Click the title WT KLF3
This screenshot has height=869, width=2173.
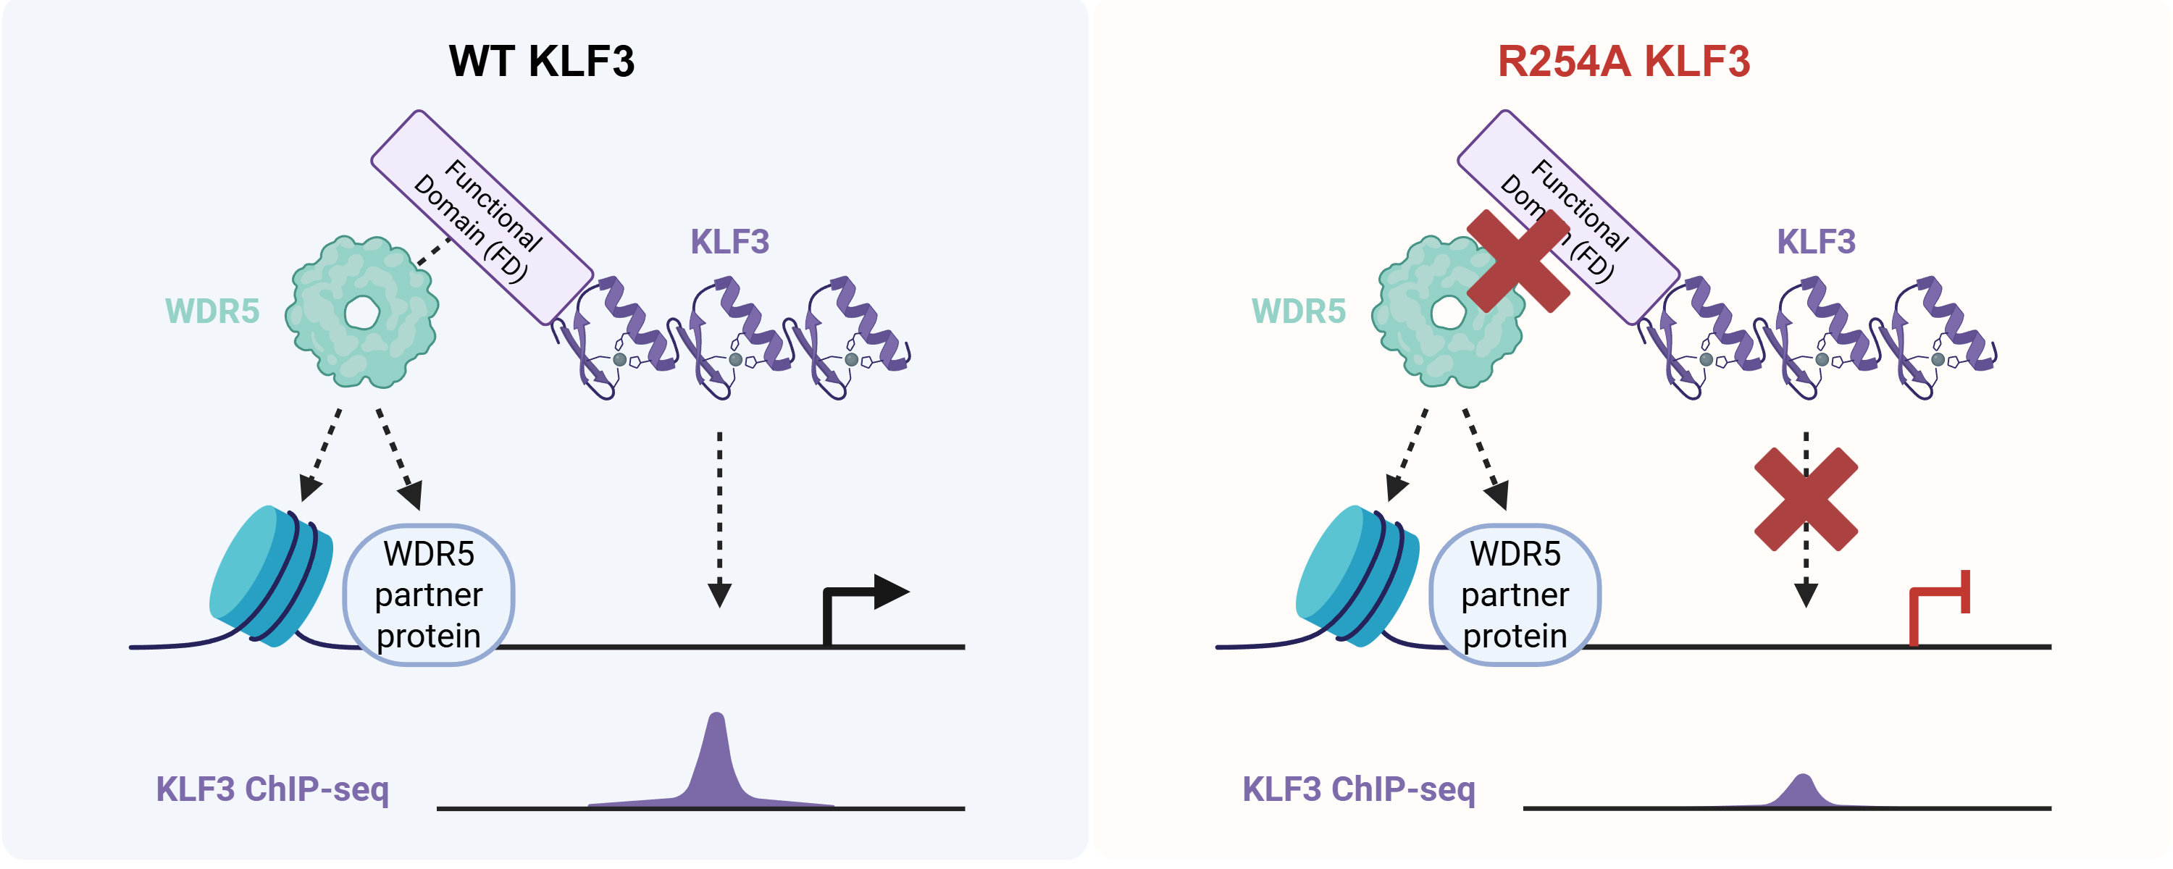click(541, 62)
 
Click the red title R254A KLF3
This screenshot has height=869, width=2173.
click(1623, 62)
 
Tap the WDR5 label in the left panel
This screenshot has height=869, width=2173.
click(212, 311)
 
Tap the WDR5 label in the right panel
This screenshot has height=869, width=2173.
click(1298, 311)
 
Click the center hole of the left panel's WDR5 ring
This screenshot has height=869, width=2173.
click(362, 313)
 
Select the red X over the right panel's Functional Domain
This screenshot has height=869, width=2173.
click(1517, 261)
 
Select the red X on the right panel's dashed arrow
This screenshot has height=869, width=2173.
click(1805, 500)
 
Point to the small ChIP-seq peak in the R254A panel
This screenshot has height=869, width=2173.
click(1803, 792)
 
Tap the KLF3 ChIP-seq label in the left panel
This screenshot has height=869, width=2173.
click(272, 789)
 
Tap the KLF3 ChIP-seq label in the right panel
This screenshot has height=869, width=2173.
click(1358, 789)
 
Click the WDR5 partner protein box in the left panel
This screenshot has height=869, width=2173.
click(429, 595)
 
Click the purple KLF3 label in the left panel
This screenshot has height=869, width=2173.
click(729, 241)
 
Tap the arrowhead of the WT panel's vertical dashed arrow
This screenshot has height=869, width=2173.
click(719, 595)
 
